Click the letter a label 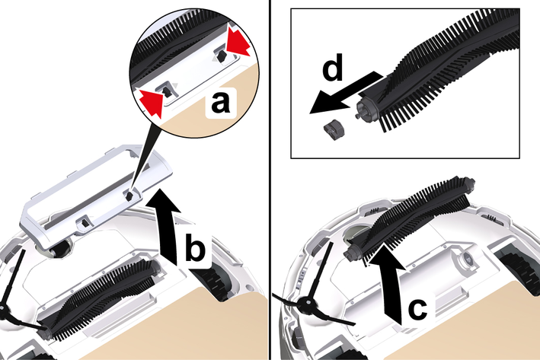tap(220, 102)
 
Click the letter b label tap(195, 247)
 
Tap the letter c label tap(417, 307)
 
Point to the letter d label tap(333, 67)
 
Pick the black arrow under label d tap(344, 92)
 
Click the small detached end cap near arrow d tap(334, 129)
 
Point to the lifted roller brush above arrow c tap(411, 219)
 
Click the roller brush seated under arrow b tap(100, 299)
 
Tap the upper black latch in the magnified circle tap(222, 55)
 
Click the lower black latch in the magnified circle tap(167, 92)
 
